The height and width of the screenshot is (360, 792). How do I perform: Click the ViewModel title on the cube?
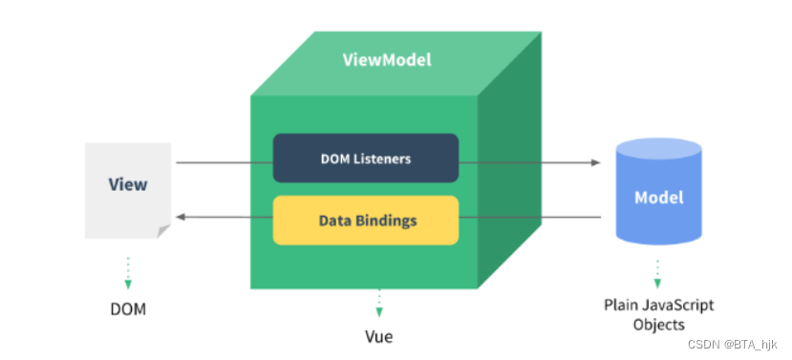(x=387, y=60)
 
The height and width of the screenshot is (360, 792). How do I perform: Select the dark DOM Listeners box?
(x=366, y=159)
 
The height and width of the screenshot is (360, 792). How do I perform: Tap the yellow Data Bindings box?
(x=366, y=220)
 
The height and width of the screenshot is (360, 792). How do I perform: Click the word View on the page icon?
(x=128, y=183)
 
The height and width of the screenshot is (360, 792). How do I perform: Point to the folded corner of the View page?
(x=163, y=231)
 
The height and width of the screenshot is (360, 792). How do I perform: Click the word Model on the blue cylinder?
(x=658, y=198)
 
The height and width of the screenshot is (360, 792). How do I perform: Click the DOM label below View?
(x=128, y=310)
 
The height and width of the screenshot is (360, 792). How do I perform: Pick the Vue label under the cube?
(x=378, y=336)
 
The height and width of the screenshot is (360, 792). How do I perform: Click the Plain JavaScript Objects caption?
(x=658, y=314)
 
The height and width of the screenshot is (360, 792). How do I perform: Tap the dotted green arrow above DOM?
(x=128, y=271)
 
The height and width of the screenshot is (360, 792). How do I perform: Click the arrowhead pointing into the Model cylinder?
(x=596, y=162)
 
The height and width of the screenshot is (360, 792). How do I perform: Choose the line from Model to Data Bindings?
(x=530, y=217)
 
